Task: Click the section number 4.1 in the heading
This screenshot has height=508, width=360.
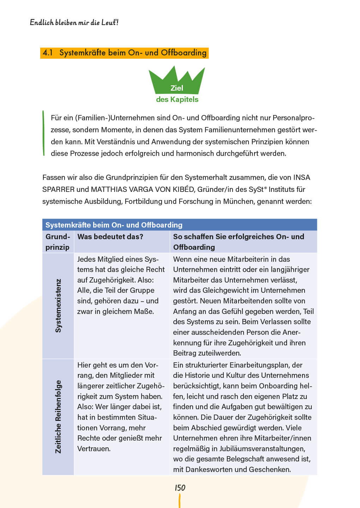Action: click(48, 53)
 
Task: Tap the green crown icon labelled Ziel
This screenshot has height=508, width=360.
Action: click(176, 83)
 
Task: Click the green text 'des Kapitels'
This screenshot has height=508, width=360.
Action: click(177, 99)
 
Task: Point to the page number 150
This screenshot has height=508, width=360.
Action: click(180, 488)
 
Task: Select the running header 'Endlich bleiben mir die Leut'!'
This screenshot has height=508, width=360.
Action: click(74, 23)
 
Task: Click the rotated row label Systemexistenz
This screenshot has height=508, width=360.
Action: click(58, 306)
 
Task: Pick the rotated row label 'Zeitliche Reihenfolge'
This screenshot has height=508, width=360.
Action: click(58, 417)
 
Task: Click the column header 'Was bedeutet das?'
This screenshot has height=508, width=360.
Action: click(110, 237)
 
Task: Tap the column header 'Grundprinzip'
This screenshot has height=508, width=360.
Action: click(58, 242)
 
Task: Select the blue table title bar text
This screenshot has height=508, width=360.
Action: click(114, 225)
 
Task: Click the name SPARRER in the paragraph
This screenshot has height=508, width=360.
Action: click(58, 189)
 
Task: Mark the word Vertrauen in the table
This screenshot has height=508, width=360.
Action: click(94, 449)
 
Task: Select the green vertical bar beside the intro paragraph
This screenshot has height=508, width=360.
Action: click(43, 133)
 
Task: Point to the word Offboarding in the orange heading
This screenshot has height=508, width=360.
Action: click(184, 53)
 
